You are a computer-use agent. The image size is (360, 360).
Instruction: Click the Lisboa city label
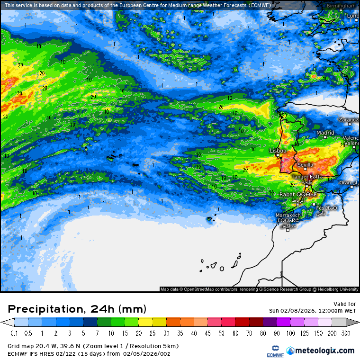tap(278, 151)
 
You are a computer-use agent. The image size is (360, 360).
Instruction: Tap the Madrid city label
tap(325, 133)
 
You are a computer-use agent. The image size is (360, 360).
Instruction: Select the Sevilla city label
tap(305, 165)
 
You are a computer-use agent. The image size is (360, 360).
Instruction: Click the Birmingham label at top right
tap(341, 6)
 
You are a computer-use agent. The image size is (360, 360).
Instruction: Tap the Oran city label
tap(345, 182)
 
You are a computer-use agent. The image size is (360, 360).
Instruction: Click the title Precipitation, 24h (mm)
tap(77, 309)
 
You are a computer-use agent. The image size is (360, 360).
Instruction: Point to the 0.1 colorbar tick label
tap(15, 333)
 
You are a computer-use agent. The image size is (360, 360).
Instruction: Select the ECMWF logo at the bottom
tap(272, 351)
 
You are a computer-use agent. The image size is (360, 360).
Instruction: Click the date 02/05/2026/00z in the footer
tap(147, 353)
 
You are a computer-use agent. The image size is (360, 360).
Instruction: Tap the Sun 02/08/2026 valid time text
tap(312, 311)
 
